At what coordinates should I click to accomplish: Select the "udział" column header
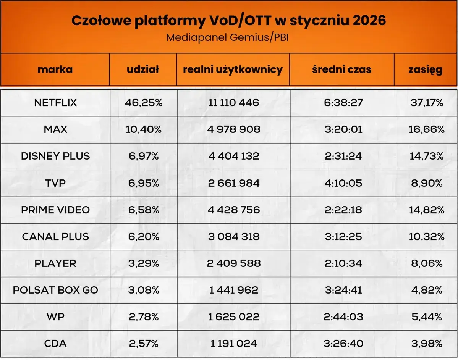point(143,69)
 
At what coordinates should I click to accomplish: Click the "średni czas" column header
point(341,69)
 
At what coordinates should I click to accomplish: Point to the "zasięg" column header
point(425,69)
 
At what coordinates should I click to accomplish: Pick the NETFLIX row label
point(55,103)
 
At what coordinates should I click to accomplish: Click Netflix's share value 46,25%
point(143,103)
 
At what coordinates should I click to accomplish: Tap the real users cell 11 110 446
point(233,103)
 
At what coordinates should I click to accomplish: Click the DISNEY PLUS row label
point(55,156)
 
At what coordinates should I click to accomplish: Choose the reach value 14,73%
point(427,156)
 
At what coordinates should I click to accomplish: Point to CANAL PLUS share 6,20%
point(143,237)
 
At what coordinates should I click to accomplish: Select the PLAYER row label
point(55,263)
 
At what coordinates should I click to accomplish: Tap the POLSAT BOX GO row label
point(55,290)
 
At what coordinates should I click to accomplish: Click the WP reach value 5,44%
point(427,317)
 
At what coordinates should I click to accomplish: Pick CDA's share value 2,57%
point(143,344)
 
